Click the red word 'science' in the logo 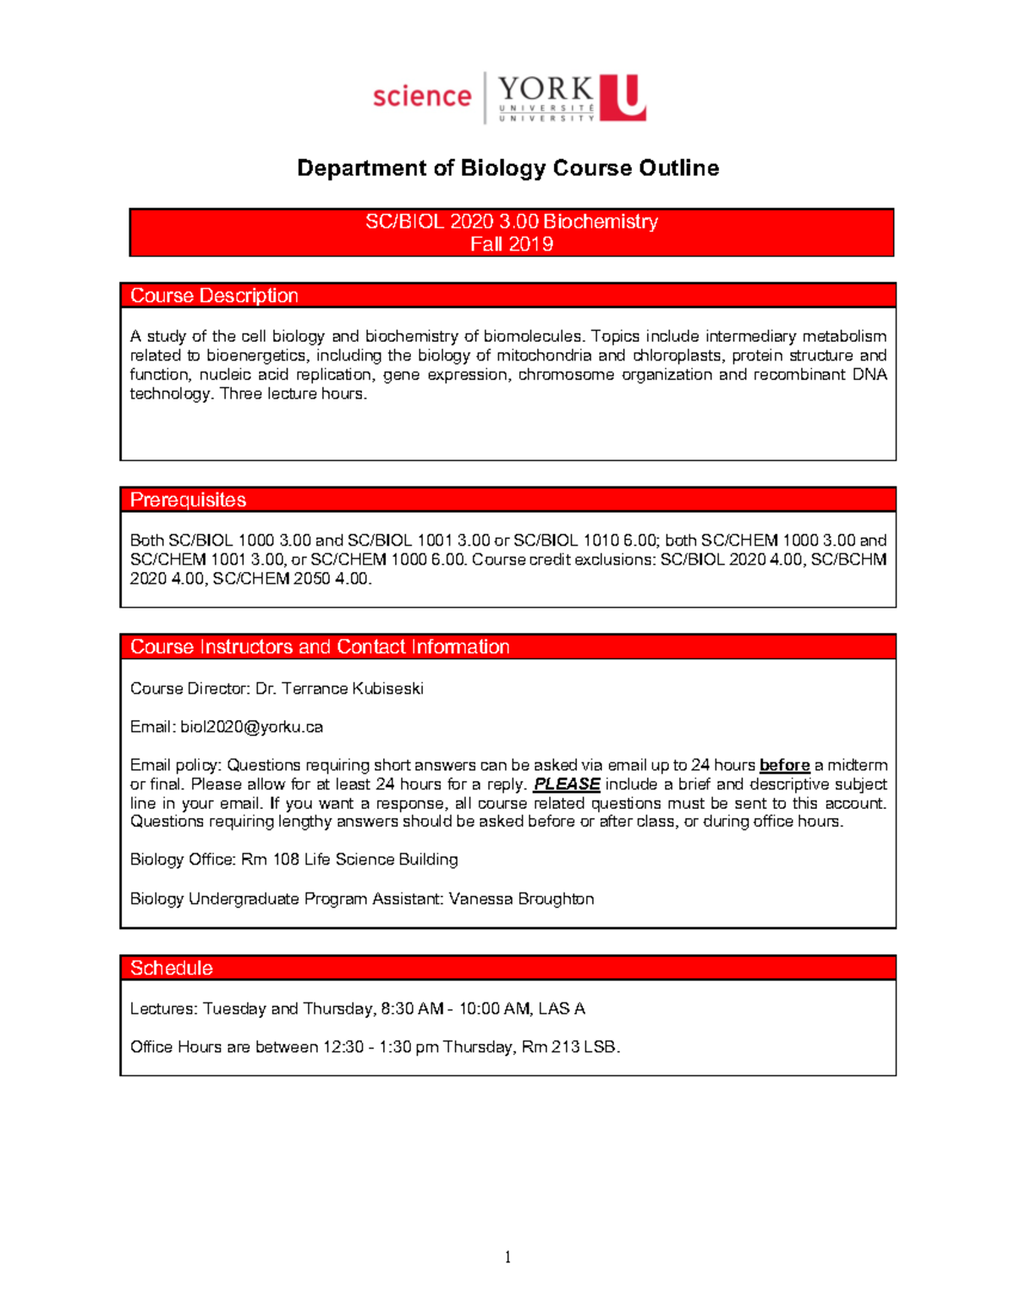coord(421,96)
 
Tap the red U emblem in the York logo coord(623,97)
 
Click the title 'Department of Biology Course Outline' coord(507,168)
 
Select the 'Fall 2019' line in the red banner coord(511,245)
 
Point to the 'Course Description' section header coord(214,295)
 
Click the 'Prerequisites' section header coord(188,500)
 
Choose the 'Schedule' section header coord(171,968)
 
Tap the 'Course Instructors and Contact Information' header coord(320,647)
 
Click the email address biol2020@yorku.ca coord(251,727)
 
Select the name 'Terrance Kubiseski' coord(352,689)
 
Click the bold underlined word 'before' coord(784,765)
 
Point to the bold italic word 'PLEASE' coord(567,784)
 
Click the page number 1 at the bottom coord(507,1257)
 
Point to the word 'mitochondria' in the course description coord(543,355)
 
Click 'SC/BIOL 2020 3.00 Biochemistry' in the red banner coord(511,222)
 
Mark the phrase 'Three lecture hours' coord(293,393)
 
